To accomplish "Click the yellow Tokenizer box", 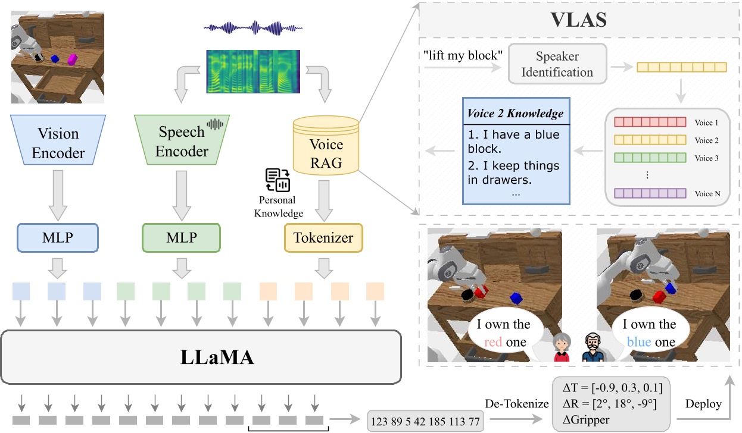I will tap(323, 238).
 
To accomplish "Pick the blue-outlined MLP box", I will tap(58, 237).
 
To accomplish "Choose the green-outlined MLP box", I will tap(182, 237).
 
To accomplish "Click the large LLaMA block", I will tap(200, 357).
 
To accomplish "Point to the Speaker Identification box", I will tap(557, 64).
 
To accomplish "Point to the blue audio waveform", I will tap(250, 28).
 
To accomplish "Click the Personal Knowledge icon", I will tap(277, 180).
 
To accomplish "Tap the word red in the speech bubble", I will tap(493, 342).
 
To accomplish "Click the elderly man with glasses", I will tap(593, 347).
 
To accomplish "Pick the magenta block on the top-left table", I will tap(73, 59).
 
